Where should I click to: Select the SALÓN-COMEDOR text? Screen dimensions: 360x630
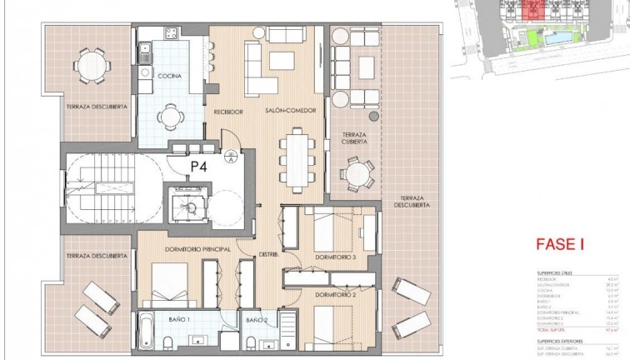click(x=282, y=110)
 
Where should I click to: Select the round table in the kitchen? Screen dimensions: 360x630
click(x=171, y=116)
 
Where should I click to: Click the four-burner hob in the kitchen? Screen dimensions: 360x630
click(x=171, y=34)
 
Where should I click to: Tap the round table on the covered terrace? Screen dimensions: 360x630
click(x=358, y=175)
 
